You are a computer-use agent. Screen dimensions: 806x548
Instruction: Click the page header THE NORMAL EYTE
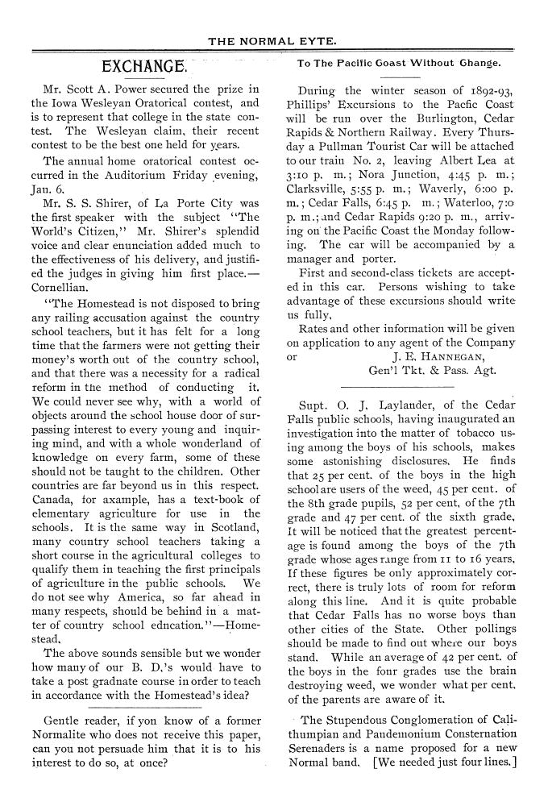pos(272,39)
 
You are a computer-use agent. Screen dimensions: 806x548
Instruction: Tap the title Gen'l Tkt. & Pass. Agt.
pos(432,372)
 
